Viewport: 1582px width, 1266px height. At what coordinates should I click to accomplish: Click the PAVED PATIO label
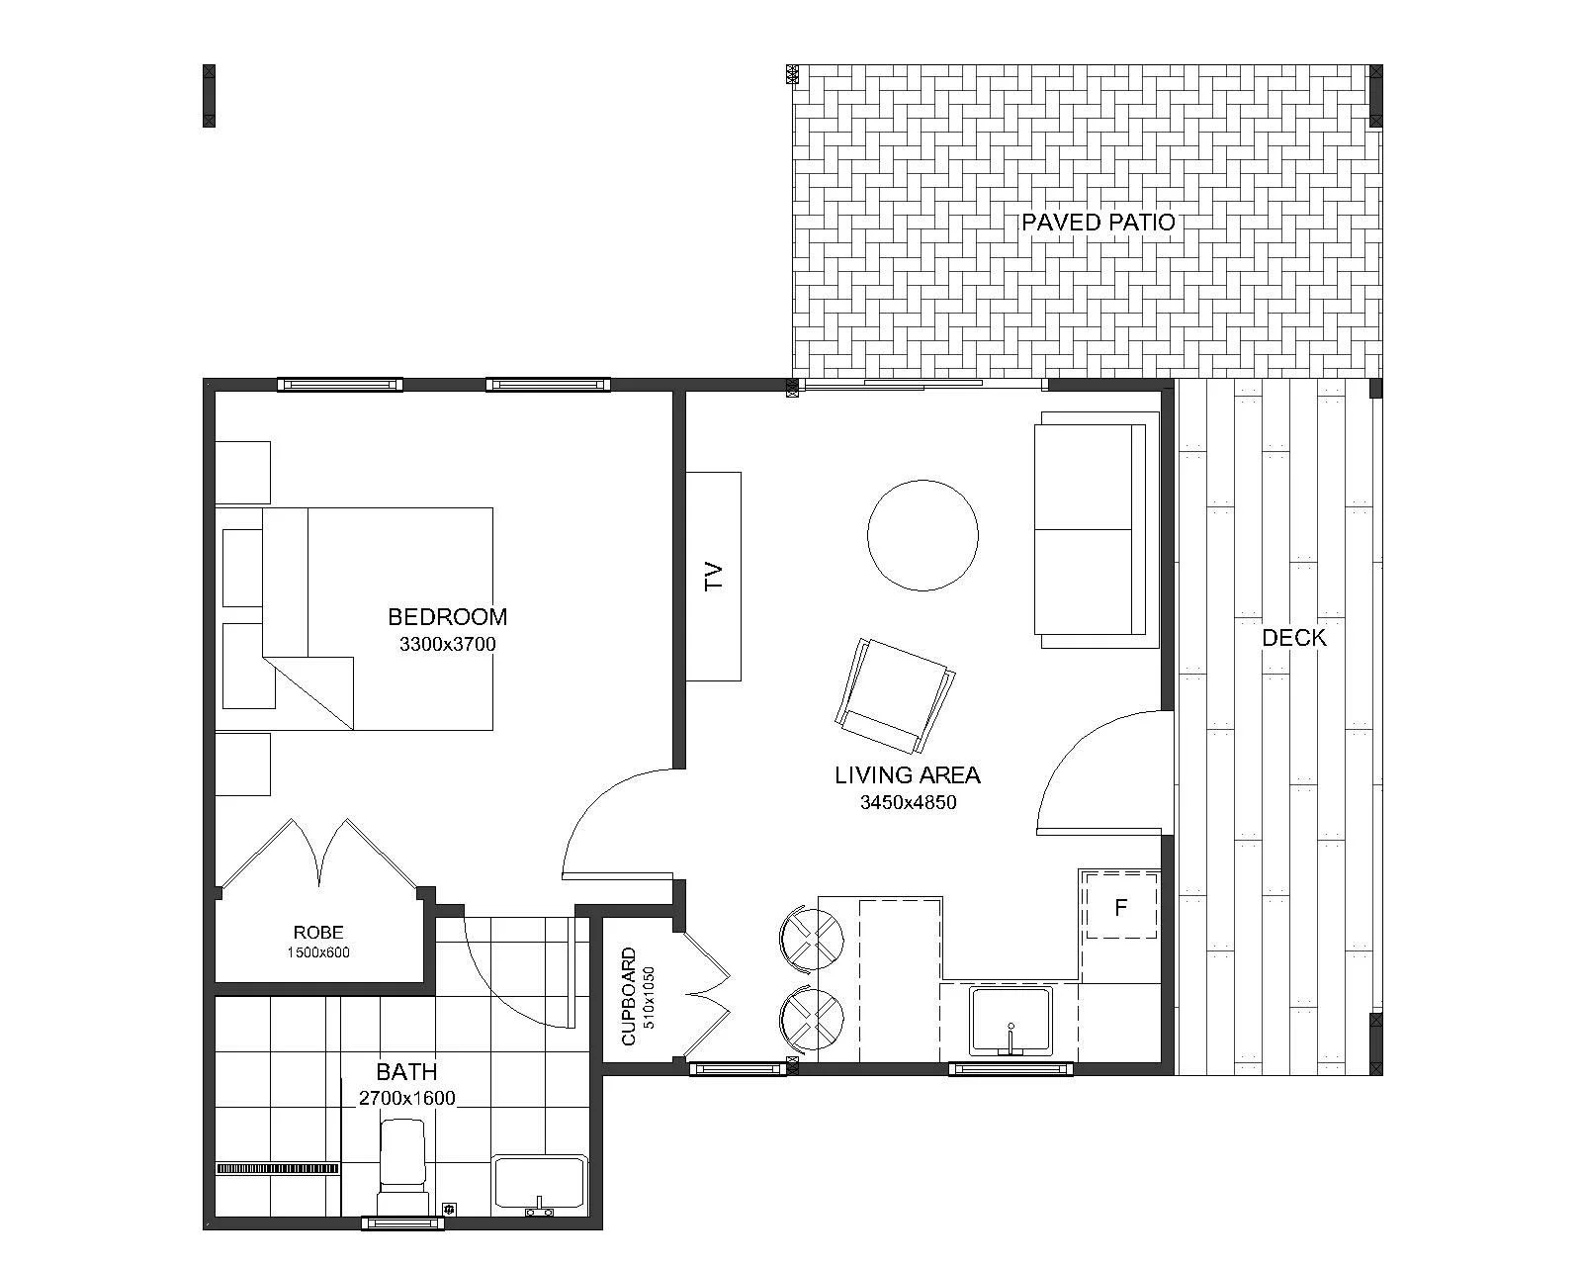pyautogui.click(x=1099, y=223)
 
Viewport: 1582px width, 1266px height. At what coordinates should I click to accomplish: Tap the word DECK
pyautogui.click(x=1294, y=638)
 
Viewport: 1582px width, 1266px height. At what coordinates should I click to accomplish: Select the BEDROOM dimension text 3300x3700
pyautogui.click(x=448, y=645)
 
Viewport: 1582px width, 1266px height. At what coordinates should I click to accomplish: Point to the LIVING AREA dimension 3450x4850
pyautogui.click(x=909, y=802)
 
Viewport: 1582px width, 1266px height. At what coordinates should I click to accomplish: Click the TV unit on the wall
pyautogui.click(x=713, y=577)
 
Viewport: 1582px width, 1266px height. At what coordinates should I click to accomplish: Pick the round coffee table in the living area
pyautogui.click(x=923, y=535)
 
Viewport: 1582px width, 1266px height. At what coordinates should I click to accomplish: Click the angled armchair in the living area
pyautogui.click(x=895, y=696)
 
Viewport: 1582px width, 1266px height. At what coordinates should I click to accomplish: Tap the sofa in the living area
pyautogui.click(x=1096, y=530)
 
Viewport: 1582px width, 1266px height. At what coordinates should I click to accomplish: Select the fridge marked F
pyautogui.click(x=1119, y=907)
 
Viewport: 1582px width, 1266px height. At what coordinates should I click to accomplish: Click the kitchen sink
pyautogui.click(x=1011, y=1021)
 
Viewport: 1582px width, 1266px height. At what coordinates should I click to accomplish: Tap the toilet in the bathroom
pyautogui.click(x=401, y=1167)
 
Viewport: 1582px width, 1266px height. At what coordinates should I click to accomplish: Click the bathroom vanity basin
pyautogui.click(x=540, y=1186)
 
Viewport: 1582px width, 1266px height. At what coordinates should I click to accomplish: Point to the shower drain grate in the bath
pyautogui.click(x=278, y=1168)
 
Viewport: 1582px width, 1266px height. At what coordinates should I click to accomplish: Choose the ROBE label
pyautogui.click(x=318, y=933)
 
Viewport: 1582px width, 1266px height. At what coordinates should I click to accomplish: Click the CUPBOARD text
pyautogui.click(x=629, y=996)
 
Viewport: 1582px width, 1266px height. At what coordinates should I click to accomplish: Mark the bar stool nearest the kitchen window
pyautogui.click(x=812, y=1019)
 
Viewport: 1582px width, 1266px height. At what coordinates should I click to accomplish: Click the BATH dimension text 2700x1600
pyautogui.click(x=407, y=1098)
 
